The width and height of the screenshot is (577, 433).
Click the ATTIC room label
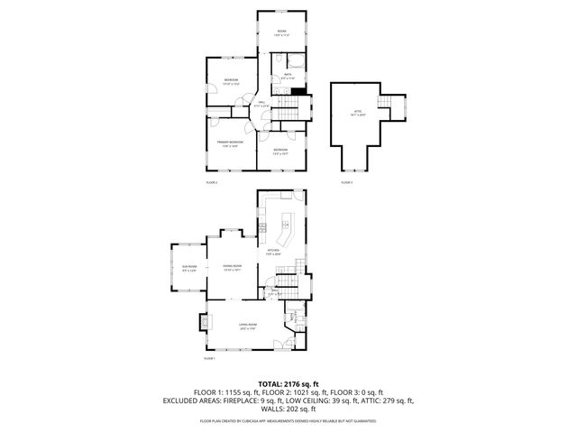(x=358, y=114)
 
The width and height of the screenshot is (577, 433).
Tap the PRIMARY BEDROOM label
(x=230, y=143)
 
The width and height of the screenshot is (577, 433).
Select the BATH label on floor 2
(x=287, y=76)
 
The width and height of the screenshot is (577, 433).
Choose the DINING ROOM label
(x=232, y=268)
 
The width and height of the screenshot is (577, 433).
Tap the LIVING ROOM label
(x=248, y=327)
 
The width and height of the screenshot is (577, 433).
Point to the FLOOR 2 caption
(x=212, y=182)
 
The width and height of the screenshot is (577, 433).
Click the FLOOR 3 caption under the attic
(x=346, y=182)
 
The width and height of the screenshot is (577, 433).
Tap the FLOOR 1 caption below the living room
(x=209, y=359)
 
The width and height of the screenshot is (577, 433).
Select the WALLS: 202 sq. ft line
(x=288, y=409)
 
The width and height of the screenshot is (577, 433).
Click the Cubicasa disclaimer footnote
(x=288, y=420)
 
